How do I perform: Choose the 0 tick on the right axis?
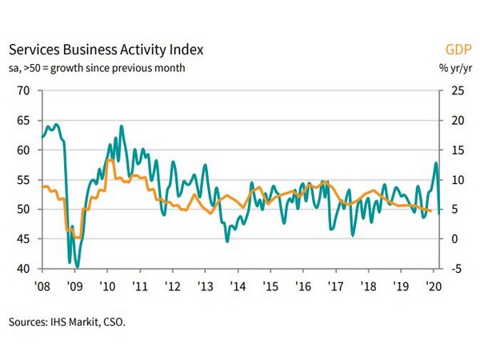point(454,238)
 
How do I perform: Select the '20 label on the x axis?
point(432,286)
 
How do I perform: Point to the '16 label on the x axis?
point(302,286)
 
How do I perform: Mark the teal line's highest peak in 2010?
point(122,126)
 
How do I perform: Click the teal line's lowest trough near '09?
point(77,266)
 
